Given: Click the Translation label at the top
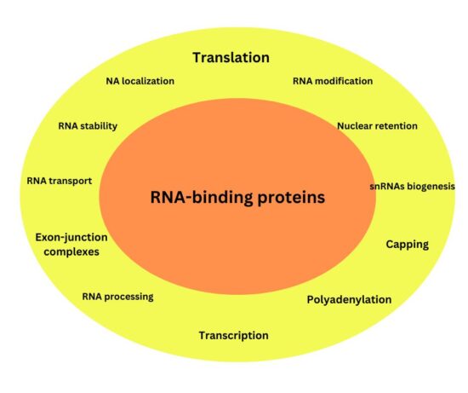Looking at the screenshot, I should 231,58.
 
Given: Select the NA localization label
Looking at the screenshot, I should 140,81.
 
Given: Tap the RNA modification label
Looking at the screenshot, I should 333,81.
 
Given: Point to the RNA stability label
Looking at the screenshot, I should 88,126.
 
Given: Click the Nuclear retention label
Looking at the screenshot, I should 377,126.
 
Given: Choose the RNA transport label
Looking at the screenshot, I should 59,181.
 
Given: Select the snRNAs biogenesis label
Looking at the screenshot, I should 412,186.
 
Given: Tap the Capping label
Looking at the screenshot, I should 407,245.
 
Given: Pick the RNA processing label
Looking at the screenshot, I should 117,297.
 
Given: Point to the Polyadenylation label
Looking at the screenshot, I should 349,300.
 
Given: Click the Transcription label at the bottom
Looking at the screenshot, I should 233,335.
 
